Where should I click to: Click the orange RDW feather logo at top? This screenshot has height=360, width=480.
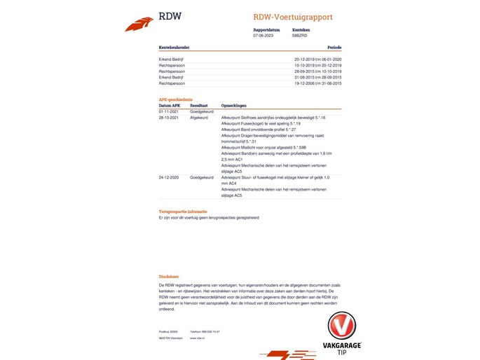[139, 25]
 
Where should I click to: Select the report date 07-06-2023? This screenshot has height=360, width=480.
[263, 35]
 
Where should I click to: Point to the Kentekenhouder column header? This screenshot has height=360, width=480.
[174, 48]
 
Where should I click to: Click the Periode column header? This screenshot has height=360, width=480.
[334, 48]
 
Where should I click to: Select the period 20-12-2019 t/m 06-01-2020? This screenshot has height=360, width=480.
[317, 60]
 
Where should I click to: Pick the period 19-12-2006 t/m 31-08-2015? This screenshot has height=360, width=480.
[317, 83]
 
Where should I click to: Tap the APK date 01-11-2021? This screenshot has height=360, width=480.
[170, 111]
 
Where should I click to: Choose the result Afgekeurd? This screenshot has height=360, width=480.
[199, 118]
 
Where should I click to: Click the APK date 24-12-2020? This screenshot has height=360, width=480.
[170, 178]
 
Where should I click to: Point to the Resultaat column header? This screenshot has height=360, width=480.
[199, 106]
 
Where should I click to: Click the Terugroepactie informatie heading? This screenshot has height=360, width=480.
[182, 211]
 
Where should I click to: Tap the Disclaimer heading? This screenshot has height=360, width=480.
[169, 277]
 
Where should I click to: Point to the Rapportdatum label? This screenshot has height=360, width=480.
[266, 29]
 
